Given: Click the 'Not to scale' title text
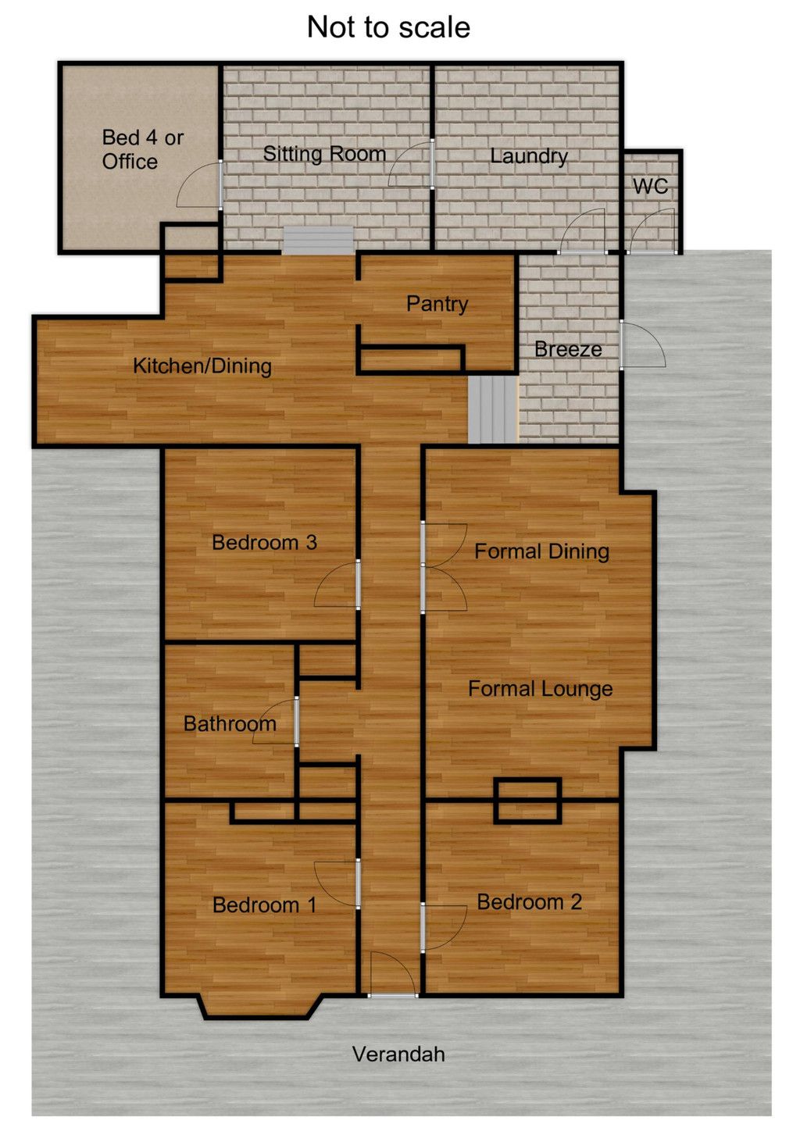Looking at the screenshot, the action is (x=388, y=27).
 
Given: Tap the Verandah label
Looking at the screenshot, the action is (x=398, y=1054).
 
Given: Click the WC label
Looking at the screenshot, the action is (x=651, y=187).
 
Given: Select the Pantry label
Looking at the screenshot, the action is (x=437, y=304).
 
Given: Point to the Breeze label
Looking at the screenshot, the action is (x=568, y=349).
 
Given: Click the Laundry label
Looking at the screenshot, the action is (x=529, y=156).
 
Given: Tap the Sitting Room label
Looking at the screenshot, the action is (x=324, y=154).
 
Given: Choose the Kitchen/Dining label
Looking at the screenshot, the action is (x=202, y=366).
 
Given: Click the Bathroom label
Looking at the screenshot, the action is (x=230, y=724).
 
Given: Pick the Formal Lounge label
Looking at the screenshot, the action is (x=541, y=689).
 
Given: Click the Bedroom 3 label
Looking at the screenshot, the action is (x=264, y=543).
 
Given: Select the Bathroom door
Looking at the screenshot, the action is (x=275, y=722).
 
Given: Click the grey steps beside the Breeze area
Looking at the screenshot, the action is (x=493, y=410).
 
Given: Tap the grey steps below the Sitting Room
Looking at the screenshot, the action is (x=318, y=241).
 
